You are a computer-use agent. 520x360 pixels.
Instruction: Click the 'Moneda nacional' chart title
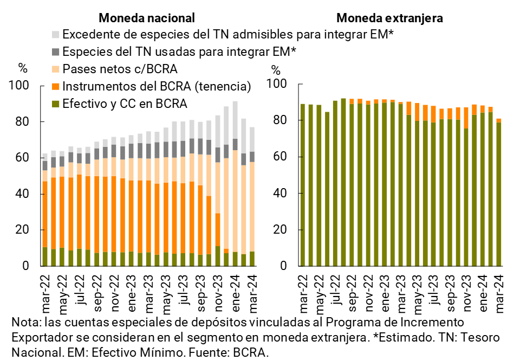pyautogui.click(x=147, y=18)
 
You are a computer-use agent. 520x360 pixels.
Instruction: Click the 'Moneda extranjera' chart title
pyautogui.click(x=390, y=18)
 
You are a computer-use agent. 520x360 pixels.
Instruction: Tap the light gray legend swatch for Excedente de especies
pyautogui.click(x=56, y=35)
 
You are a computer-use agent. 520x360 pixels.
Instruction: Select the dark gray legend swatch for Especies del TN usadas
pyautogui.click(x=56, y=52)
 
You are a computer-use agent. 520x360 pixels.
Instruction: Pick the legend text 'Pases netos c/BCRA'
pyautogui.click(x=120, y=69)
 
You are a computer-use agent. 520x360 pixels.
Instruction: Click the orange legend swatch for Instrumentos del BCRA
pyautogui.click(x=56, y=87)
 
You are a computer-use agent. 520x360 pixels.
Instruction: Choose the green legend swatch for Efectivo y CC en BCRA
pyautogui.click(x=56, y=104)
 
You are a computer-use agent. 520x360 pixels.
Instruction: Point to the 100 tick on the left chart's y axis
pyautogui.click(x=26, y=86)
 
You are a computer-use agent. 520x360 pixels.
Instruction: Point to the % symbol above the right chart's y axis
pyautogui.click(x=276, y=70)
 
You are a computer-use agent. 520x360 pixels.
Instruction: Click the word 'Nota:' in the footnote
pyautogui.click(x=25, y=323)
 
